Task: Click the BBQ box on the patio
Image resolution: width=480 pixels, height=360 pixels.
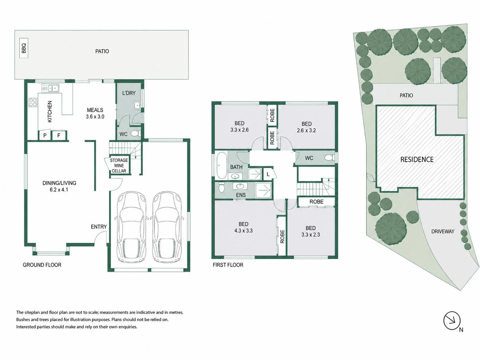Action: pos(24,48)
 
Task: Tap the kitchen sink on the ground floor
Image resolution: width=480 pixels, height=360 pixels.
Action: pos(50,88)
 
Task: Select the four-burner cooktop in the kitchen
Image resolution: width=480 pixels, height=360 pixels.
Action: pos(33,102)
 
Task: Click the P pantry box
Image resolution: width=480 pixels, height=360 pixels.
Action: pos(45,135)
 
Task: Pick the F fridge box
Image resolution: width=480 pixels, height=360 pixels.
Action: pos(59,135)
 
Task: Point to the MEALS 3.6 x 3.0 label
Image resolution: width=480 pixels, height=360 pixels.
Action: pos(95,113)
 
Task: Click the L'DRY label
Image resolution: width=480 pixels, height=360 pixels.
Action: pos(129,93)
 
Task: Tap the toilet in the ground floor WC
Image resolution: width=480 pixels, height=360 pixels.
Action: pos(136,133)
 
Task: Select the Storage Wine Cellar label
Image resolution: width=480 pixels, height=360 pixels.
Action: pos(119,165)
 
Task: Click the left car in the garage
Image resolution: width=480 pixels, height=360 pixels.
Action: pos(131,227)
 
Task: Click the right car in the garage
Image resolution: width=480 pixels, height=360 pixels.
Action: pos(167,227)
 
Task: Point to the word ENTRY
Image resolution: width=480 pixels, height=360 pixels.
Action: pos(99,227)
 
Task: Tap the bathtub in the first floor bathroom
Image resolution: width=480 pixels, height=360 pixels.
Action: pos(222,165)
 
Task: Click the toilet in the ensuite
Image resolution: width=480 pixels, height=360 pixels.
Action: pos(221,187)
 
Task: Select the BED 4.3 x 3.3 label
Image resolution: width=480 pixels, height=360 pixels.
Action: pos(243,227)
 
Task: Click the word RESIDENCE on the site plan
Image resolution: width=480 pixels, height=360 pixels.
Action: pos(417,159)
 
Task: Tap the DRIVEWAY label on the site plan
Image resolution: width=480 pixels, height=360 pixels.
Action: pos(443,231)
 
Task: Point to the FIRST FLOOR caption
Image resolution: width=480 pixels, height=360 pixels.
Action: pos(228,265)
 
